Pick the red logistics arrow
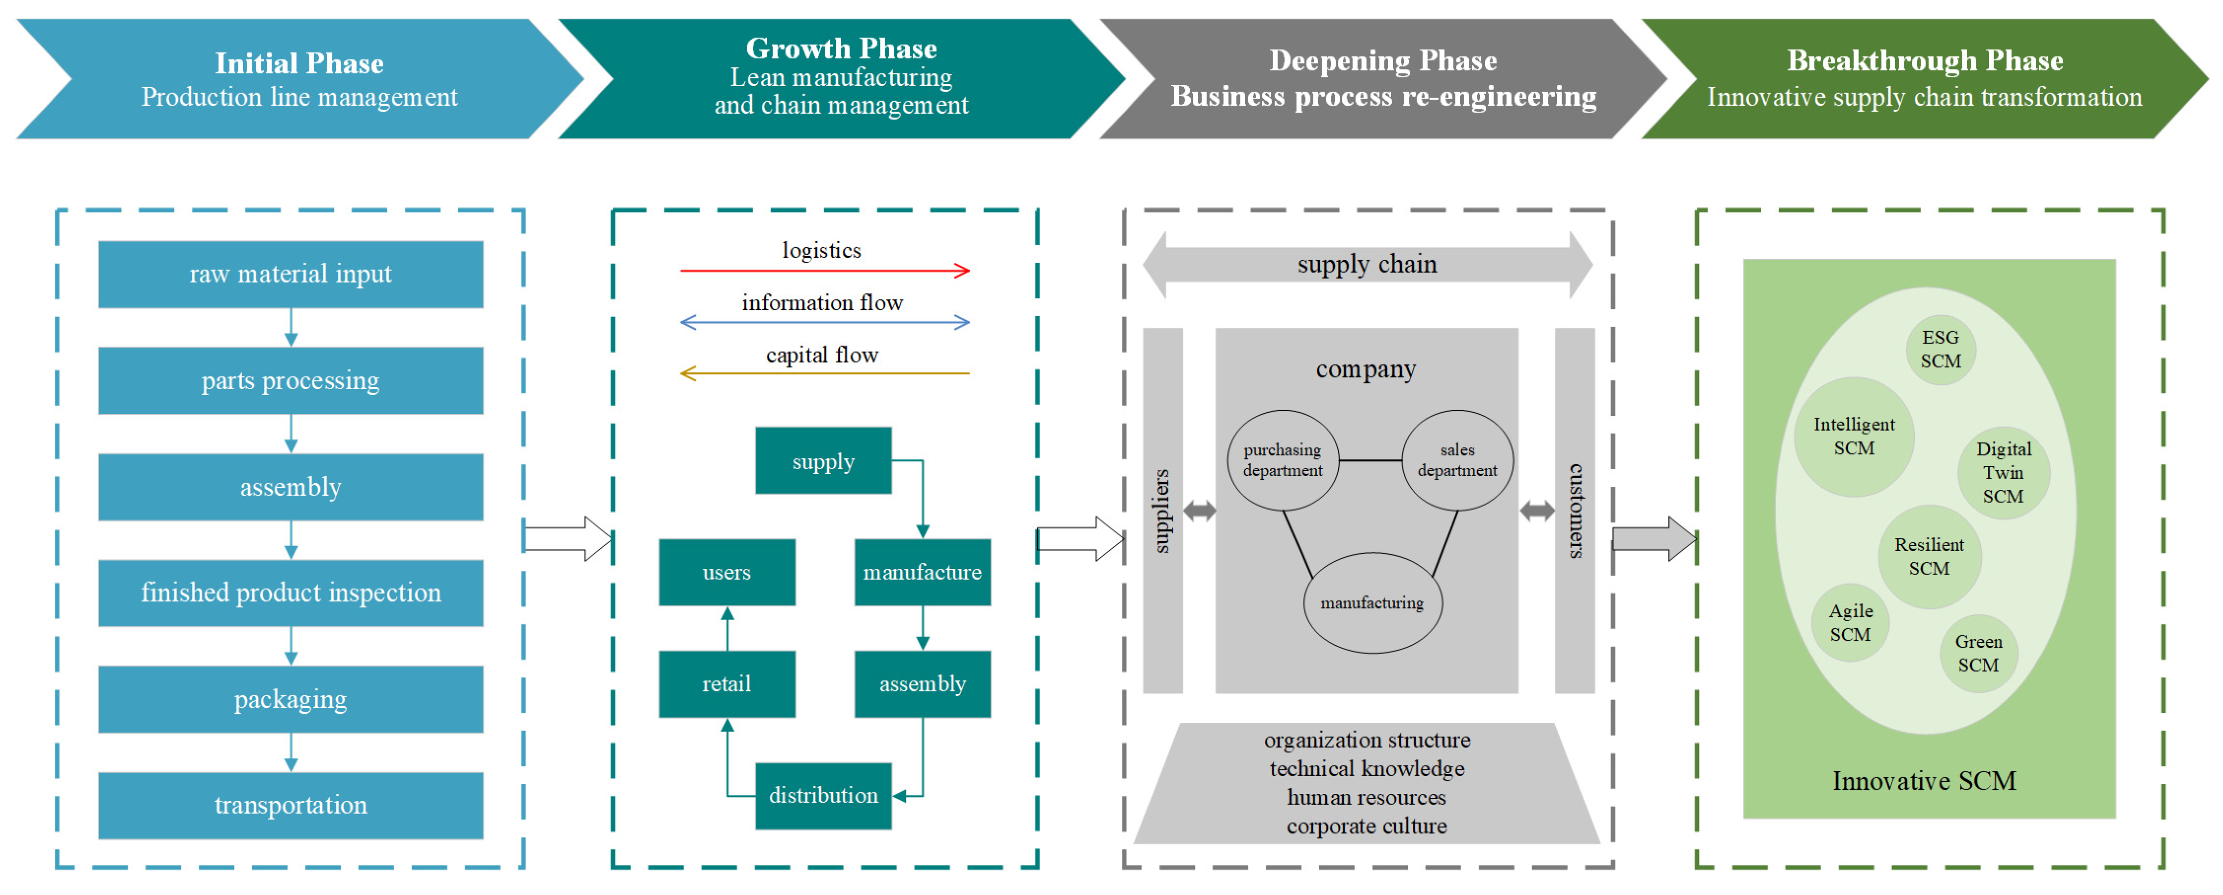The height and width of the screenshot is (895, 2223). (x=824, y=271)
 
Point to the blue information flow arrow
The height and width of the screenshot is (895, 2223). (x=824, y=323)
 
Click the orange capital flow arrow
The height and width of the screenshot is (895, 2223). (x=824, y=374)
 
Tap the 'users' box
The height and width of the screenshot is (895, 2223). (x=727, y=572)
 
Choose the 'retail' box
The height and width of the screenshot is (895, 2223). (x=727, y=684)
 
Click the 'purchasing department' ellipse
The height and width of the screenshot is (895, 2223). (x=1282, y=460)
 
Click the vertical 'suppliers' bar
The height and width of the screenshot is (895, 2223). (x=1163, y=511)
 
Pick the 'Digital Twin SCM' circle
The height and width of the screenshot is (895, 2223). (x=2003, y=472)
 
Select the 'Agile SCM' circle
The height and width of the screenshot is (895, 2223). (x=1850, y=622)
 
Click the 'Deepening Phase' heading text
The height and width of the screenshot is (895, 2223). (x=1383, y=60)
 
